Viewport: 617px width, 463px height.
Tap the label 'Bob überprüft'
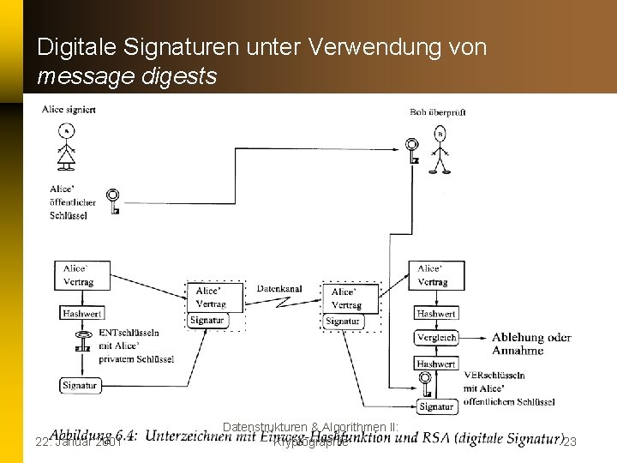click(438, 112)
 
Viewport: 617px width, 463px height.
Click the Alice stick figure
click(66, 147)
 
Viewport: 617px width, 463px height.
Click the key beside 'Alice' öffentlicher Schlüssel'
click(112, 201)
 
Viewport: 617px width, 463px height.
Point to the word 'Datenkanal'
click(279, 289)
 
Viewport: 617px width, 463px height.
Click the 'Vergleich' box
click(436, 338)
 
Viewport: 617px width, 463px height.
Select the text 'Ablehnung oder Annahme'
click(530, 344)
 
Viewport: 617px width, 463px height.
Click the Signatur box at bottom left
click(80, 386)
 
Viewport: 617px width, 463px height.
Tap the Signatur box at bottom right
click(436, 406)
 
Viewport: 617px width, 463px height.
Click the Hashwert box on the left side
click(81, 314)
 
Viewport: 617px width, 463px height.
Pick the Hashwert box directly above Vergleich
click(436, 314)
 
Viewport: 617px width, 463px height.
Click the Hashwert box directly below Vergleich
click(436, 364)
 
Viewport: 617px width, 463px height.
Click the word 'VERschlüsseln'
click(494, 376)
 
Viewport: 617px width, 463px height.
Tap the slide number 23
click(570, 442)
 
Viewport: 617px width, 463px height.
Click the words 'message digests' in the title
click(127, 77)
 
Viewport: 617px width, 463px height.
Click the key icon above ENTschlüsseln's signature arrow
click(82, 345)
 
